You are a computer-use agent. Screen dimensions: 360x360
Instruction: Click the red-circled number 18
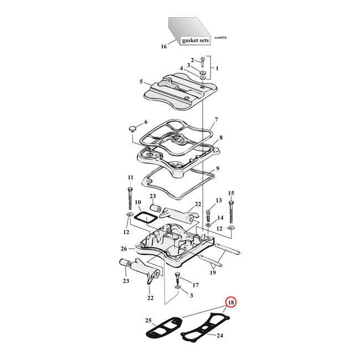(x=231, y=303)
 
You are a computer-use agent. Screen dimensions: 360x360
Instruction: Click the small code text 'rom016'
(x=220, y=38)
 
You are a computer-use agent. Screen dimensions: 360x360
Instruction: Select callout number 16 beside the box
(x=163, y=47)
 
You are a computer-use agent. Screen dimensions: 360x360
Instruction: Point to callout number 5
(x=141, y=82)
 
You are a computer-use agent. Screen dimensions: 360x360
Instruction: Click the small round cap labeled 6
(x=132, y=128)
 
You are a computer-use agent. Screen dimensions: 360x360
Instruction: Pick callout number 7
(x=217, y=120)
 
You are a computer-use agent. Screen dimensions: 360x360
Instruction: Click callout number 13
(x=218, y=200)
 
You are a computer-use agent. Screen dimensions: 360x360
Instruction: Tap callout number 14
(x=220, y=217)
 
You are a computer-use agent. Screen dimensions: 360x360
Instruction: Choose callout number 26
(x=124, y=249)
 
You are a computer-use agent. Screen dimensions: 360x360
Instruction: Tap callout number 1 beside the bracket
(x=217, y=68)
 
